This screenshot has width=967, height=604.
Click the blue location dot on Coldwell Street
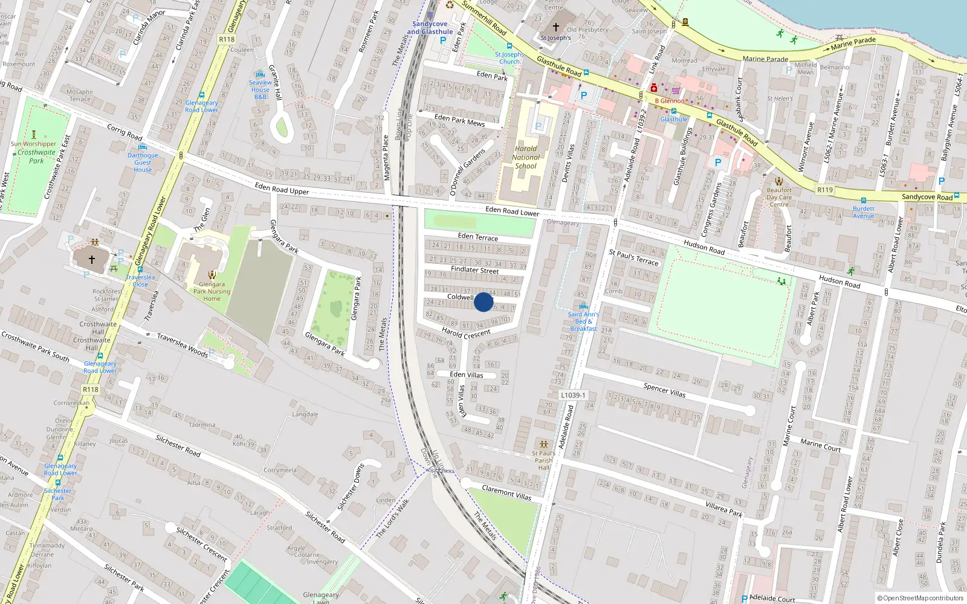click(483, 302)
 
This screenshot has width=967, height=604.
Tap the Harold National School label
click(526, 157)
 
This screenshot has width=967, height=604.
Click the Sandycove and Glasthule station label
click(430, 28)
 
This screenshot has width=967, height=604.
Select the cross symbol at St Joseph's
click(556, 27)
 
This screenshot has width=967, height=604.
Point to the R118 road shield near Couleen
click(227, 39)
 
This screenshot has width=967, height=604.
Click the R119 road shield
click(825, 190)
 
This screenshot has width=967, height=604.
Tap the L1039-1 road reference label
click(572, 395)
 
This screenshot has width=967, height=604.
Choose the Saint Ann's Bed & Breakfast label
click(583, 321)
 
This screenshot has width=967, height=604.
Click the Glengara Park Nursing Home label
click(212, 291)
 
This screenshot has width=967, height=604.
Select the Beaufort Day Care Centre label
click(779, 197)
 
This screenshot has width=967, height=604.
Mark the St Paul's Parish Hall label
click(544, 460)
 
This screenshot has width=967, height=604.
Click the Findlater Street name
click(474, 270)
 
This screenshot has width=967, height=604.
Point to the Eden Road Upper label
click(282, 189)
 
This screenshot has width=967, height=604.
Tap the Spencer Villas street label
click(664, 390)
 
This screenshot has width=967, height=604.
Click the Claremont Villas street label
click(506, 492)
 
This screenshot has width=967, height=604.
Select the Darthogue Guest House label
click(143, 162)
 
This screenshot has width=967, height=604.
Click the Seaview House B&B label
click(260, 89)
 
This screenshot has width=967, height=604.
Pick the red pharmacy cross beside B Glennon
click(653, 88)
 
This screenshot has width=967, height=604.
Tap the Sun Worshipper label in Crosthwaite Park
click(33, 144)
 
